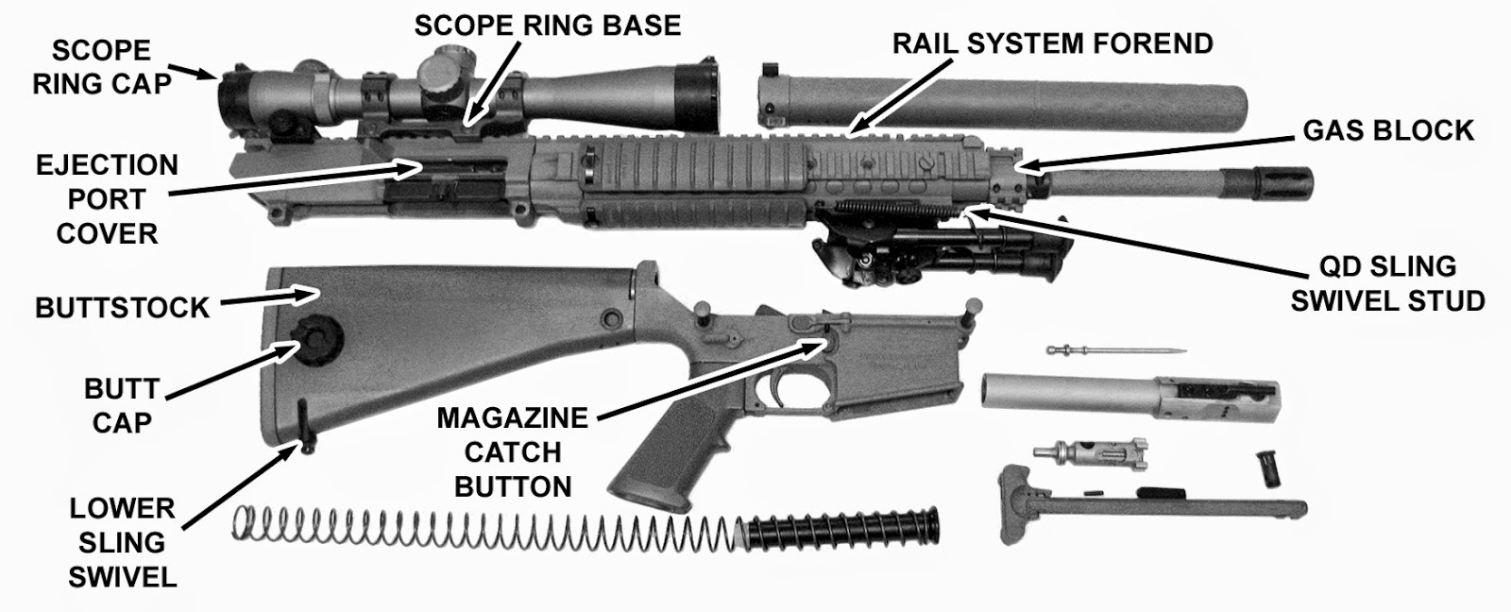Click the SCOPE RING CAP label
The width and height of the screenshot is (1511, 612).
tap(102, 67)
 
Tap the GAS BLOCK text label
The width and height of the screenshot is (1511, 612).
tap(1387, 130)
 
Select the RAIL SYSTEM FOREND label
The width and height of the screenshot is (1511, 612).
tap(1052, 43)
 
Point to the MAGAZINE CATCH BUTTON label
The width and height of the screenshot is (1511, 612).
tap(513, 451)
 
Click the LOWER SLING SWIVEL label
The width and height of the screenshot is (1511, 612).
tap(122, 542)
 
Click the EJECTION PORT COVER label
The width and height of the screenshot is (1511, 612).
tap(107, 199)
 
